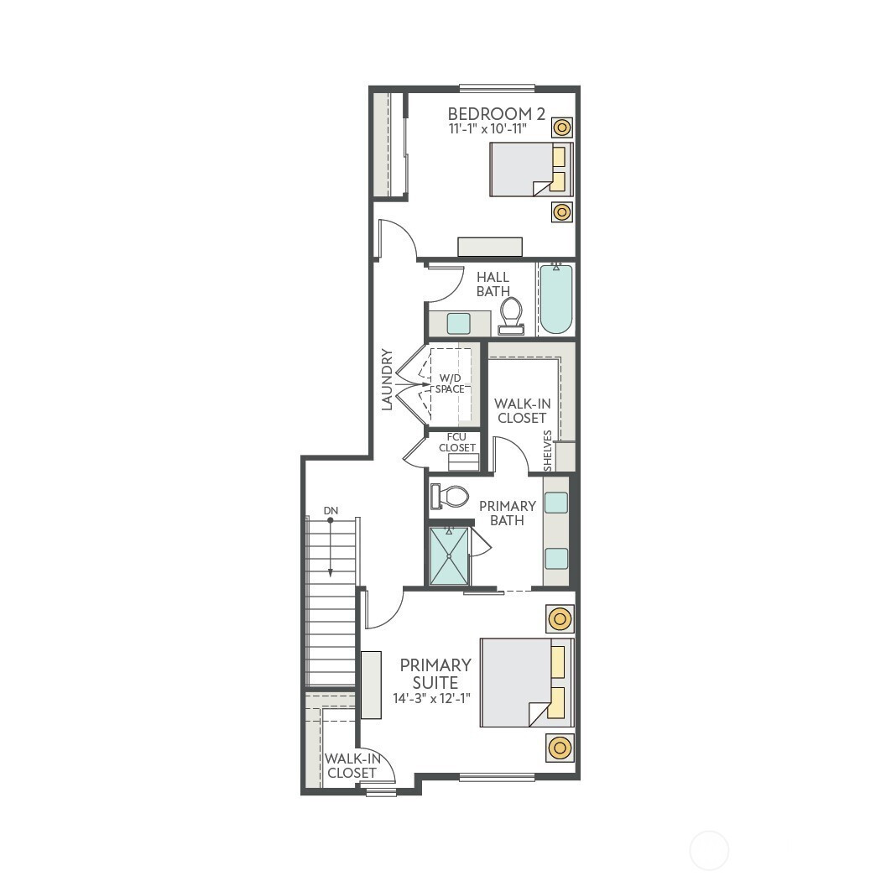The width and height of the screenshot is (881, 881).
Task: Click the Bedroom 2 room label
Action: tap(496, 114)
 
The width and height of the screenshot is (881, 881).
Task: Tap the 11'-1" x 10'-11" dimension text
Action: tap(487, 129)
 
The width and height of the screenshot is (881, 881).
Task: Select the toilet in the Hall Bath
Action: tap(511, 315)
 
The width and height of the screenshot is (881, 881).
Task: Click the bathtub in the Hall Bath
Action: tap(556, 299)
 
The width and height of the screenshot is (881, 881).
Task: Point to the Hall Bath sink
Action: tap(458, 324)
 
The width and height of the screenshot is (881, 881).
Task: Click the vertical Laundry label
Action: tap(387, 380)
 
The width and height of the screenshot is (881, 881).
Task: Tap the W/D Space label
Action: tap(450, 383)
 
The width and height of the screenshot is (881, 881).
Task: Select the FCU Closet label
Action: tap(456, 442)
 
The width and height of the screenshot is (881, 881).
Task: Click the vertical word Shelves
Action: tap(548, 450)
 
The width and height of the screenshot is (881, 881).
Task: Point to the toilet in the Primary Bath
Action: tap(450, 497)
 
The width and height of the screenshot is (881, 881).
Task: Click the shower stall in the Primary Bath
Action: tap(449, 555)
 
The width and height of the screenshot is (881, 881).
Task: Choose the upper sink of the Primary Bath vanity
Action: tap(556, 503)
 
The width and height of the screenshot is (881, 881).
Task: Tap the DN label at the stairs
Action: tap(331, 511)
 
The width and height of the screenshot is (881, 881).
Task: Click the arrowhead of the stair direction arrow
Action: tap(331, 572)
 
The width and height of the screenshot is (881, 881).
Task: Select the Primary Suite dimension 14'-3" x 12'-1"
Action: tap(431, 698)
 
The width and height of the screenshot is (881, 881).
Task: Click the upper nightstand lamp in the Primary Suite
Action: tap(560, 619)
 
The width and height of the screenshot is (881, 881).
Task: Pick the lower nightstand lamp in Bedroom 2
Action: tap(562, 211)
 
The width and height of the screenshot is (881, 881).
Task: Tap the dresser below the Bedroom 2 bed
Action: tap(490, 247)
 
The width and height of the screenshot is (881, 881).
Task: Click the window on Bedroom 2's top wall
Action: tap(497, 88)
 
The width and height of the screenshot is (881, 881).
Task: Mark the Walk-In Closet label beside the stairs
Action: tap(352, 766)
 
